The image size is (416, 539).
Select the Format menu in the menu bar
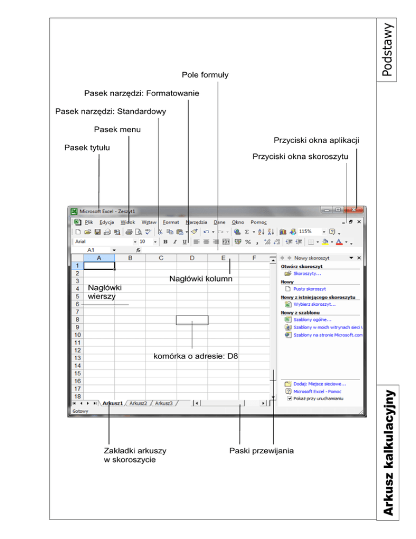click(x=171, y=222)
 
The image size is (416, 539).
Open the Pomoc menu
click(x=258, y=222)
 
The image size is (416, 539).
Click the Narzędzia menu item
click(x=196, y=222)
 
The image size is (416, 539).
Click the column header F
click(x=255, y=258)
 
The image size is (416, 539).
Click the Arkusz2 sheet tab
click(x=139, y=403)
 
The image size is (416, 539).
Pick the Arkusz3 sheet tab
click(x=164, y=403)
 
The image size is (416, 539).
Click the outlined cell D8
click(x=192, y=319)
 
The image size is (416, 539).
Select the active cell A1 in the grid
click(x=100, y=266)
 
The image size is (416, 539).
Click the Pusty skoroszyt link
click(x=309, y=290)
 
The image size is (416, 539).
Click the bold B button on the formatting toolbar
click(x=166, y=242)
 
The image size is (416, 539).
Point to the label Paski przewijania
click(x=261, y=451)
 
